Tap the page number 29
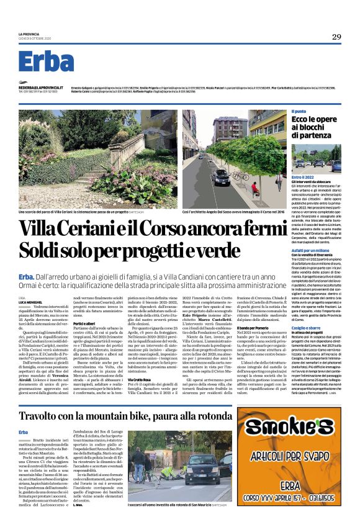pyautogui.click(x=336, y=37)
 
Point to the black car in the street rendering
pyautogui.click(x=220, y=178)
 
